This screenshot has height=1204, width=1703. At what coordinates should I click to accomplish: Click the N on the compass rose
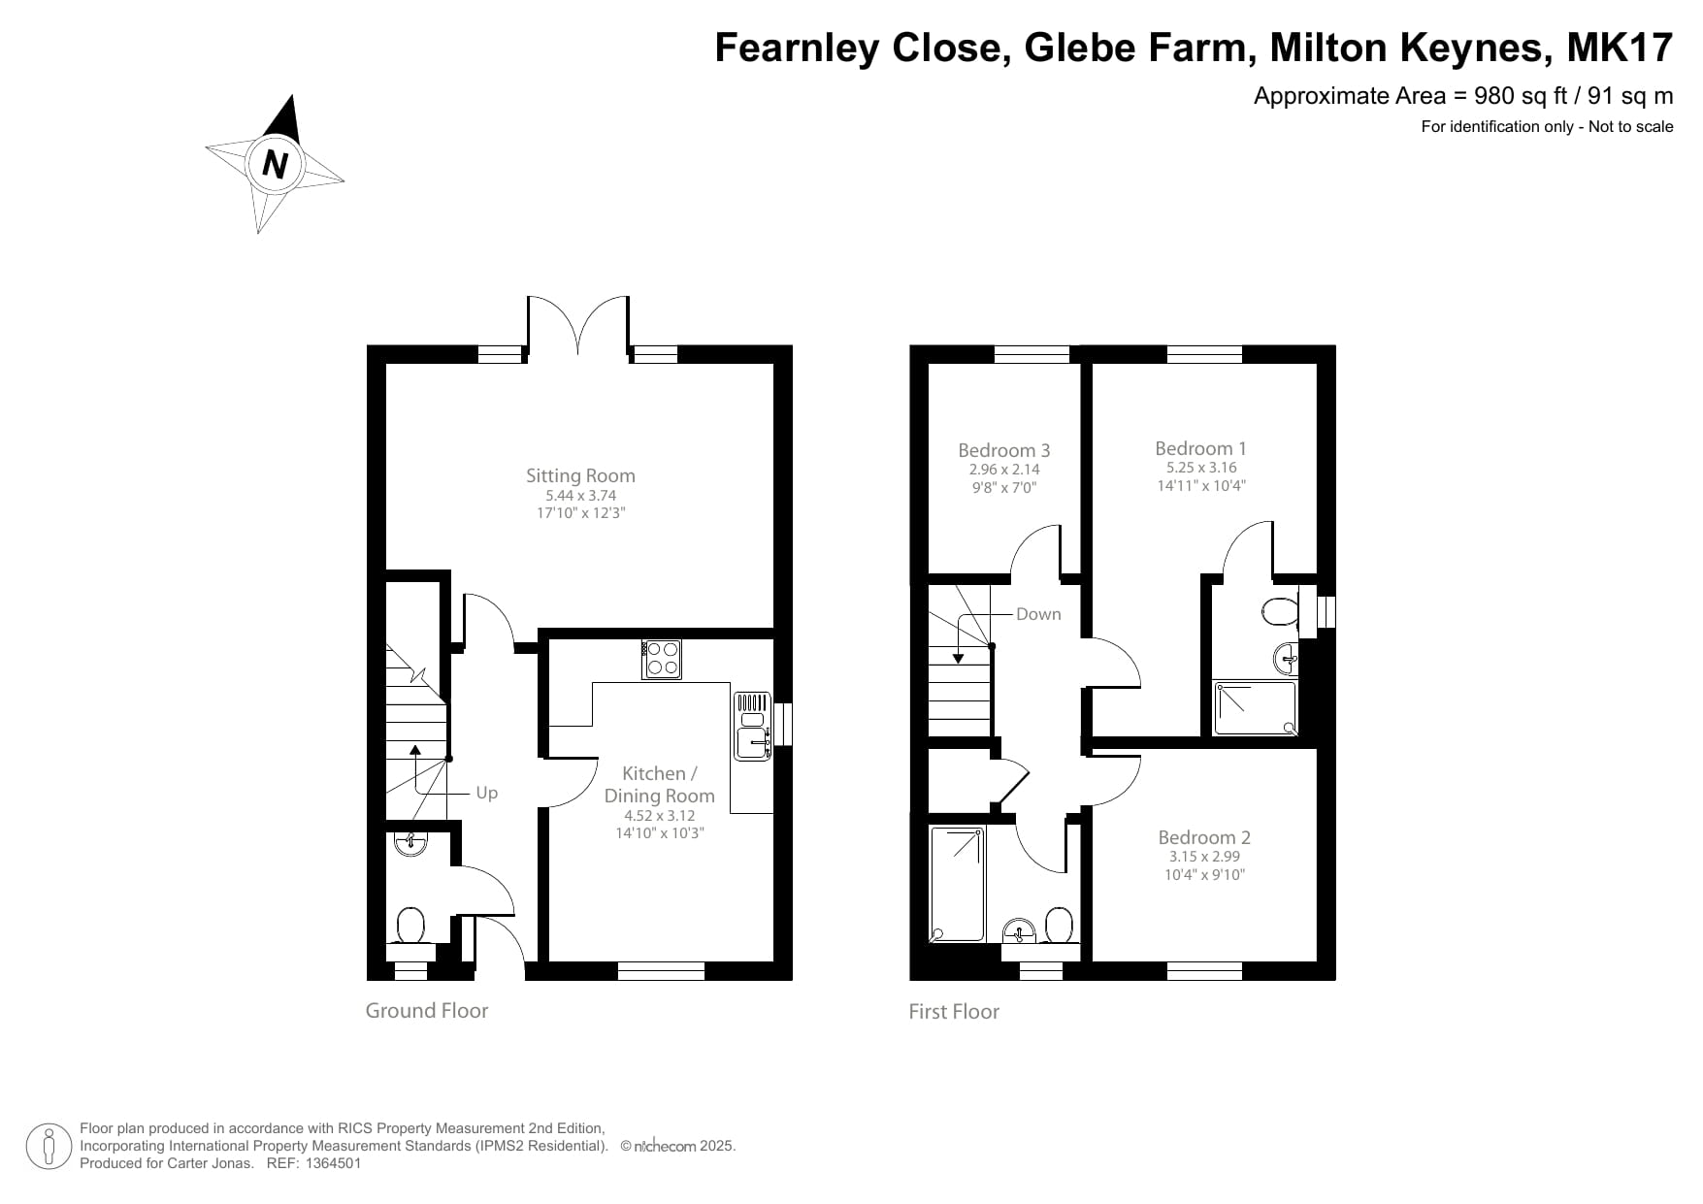pyautogui.click(x=276, y=164)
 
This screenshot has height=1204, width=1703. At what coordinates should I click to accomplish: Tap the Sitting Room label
pyautogui.click(x=580, y=475)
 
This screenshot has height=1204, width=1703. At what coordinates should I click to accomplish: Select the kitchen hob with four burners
pyautogui.click(x=661, y=659)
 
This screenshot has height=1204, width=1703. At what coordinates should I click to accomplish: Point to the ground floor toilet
pyautogui.click(x=410, y=926)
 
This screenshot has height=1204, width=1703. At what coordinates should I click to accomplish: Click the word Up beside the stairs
pyautogui.click(x=486, y=793)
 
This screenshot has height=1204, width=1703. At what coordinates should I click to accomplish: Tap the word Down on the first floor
pyautogui.click(x=1037, y=614)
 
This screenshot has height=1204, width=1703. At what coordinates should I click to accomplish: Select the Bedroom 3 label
pyautogui.click(x=1003, y=450)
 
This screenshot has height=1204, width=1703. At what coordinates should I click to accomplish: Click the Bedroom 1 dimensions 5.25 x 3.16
pyautogui.click(x=1201, y=468)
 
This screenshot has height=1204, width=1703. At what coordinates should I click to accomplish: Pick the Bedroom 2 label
pyautogui.click(x=1203, y=837)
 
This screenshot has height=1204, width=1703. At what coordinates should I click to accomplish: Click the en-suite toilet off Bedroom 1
pyautogui.click(x=1280, y=612)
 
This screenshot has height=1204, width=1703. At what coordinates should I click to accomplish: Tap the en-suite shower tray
pyautogui.click(x=1255, y=707)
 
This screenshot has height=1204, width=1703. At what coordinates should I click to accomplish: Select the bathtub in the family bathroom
pyautogui.click(x=957, y=884)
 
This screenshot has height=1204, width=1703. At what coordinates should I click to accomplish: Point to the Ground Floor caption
pyautogui.click(x=426, y=1010)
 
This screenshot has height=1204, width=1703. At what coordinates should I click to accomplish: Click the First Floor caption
pyautogui.click(x=953, y=1011)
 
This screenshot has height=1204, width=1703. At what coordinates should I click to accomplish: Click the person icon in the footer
pyautogui.click(x=49, y=1146)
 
